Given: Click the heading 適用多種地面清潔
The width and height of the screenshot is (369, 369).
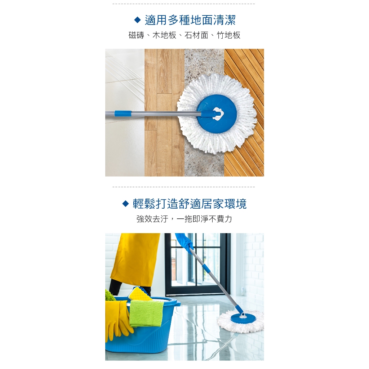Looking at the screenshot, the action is [x=190, y=20].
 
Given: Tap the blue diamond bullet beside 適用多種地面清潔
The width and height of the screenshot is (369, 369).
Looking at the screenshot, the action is [x=137, y=20].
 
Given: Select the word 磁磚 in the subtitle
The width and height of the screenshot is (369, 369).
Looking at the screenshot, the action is [x=137, y=35].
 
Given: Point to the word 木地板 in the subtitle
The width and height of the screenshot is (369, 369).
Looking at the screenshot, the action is [x=164, y=35].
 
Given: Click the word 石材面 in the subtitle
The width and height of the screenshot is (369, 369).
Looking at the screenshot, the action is [x=196, y=35].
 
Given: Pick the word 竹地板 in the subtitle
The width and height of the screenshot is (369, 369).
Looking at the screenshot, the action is [x=228, y=35].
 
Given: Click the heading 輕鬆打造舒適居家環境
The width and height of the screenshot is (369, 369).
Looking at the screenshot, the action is [x=190, y=204].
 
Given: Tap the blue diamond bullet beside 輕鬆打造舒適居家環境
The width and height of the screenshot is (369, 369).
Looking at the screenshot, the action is [x=126, y=204].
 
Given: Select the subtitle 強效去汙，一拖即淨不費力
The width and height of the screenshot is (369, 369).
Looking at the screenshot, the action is [x=184, y=219].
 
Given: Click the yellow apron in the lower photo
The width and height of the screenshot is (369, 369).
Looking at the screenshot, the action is [x=134, y=259].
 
